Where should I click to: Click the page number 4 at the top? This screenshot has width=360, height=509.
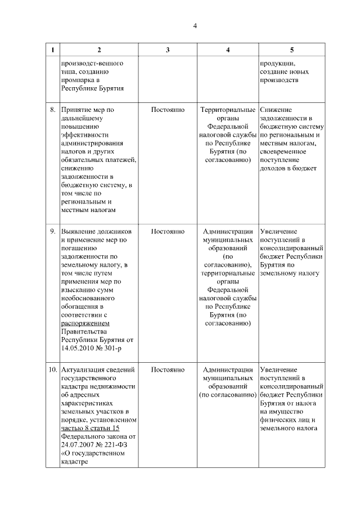pos(195,26)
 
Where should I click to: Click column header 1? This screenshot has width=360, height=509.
pos(52,50)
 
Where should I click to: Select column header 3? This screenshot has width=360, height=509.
pos(168,50)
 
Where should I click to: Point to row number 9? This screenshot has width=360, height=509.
pos(52,232)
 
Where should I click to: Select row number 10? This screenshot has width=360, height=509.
pos(52,370)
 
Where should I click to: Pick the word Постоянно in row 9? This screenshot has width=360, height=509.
pos(168,232)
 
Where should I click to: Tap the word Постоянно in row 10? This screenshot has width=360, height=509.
pos(168,370)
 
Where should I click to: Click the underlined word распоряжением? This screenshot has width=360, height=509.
pos(85,324)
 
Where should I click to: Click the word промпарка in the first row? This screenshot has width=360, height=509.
pos(78,80)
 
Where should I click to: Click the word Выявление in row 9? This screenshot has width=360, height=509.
pos(79,232)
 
